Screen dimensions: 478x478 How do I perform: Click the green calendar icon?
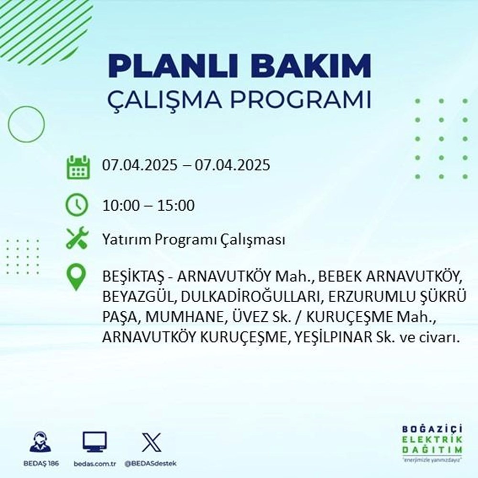(x=77, y=166)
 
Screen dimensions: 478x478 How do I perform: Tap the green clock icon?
(x=77, y=206)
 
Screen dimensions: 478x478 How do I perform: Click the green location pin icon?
(x=77, y=277)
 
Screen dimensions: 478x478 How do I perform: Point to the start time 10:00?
(x=121, y=206)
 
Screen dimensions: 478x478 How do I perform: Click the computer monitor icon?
(x=95, y=443)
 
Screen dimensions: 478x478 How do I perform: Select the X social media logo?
(x=151, y=443)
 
